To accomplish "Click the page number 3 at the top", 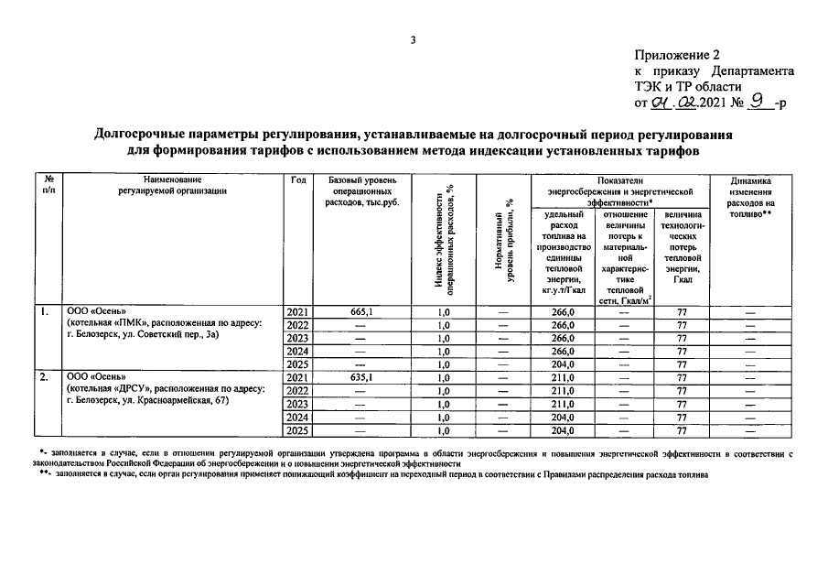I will tap(413, 39).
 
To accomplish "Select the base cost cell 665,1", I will tap(361, 312).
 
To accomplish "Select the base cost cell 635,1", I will tap(361, 376).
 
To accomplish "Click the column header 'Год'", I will tap(298, 179).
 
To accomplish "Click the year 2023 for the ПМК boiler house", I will tap(298, 338).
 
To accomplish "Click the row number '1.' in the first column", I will tap(44, 312).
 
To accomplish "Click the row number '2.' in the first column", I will tap(44, 376).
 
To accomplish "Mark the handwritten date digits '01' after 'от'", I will tap(656, 103).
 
